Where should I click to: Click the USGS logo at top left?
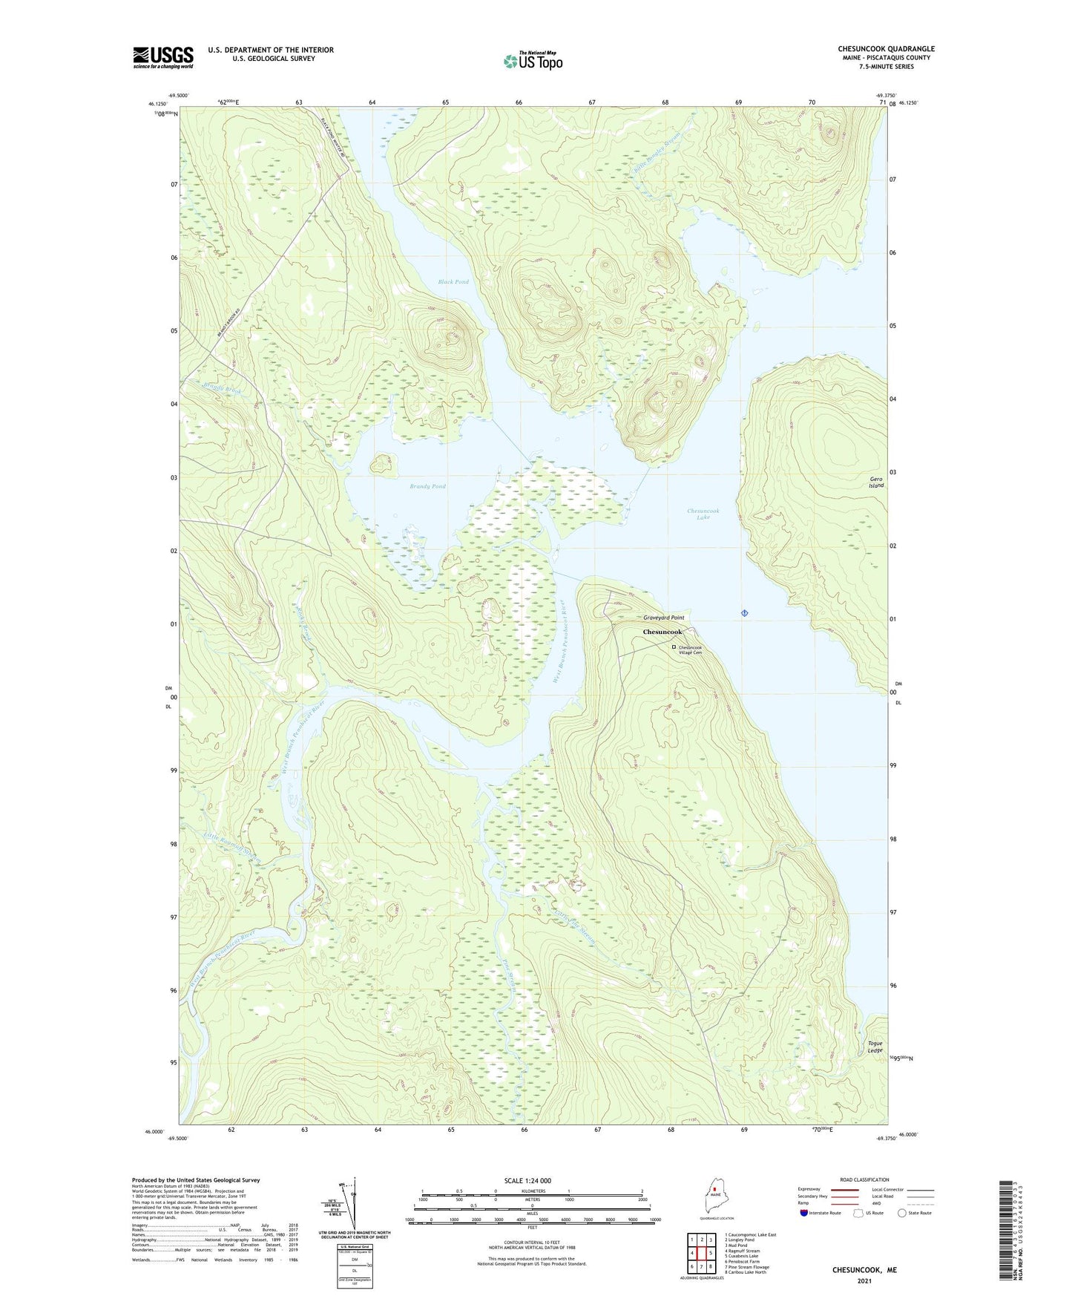point(163,57)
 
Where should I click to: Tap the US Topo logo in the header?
point(532,61)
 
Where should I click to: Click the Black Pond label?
point(453,282)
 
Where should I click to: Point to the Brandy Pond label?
point(427,486)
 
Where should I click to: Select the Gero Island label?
point(876,482)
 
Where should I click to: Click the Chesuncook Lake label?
point(703,514)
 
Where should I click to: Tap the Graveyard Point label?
point(663,618)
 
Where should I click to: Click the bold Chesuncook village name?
point(662,632)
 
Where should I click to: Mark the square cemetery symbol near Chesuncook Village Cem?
point(674,647)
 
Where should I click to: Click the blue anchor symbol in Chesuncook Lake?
point(744,612)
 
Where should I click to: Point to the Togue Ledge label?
point(875,1047)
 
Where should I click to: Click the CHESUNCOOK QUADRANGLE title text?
point(886,49)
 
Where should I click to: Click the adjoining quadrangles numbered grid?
point(701,1254)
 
